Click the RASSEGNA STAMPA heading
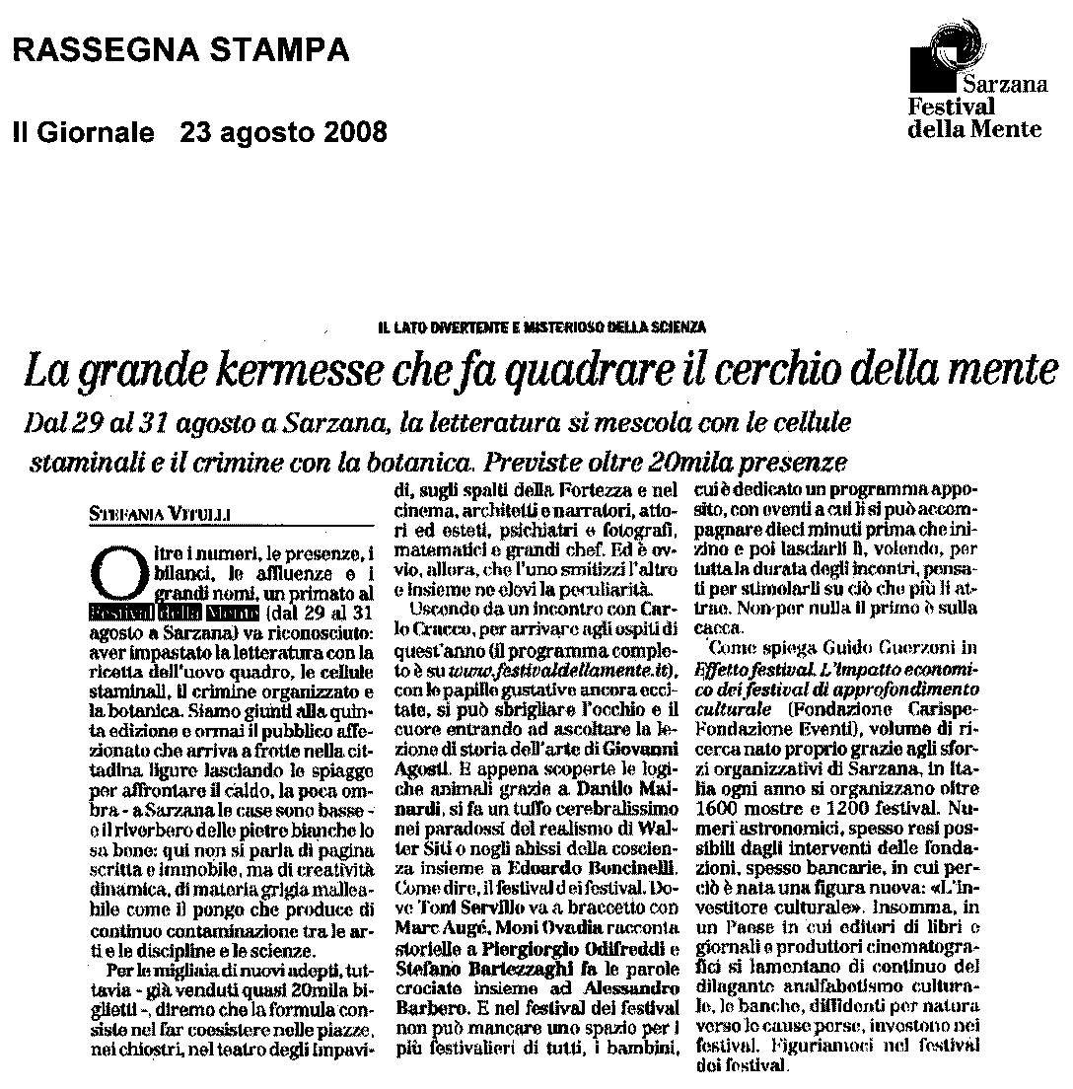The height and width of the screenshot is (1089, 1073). [x=180, y=48]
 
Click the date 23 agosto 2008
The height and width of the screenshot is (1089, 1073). [x=284, y=131]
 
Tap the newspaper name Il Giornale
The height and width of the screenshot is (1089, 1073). [x=83, y=131]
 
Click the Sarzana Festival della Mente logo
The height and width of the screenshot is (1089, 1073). [x=974, y=83]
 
